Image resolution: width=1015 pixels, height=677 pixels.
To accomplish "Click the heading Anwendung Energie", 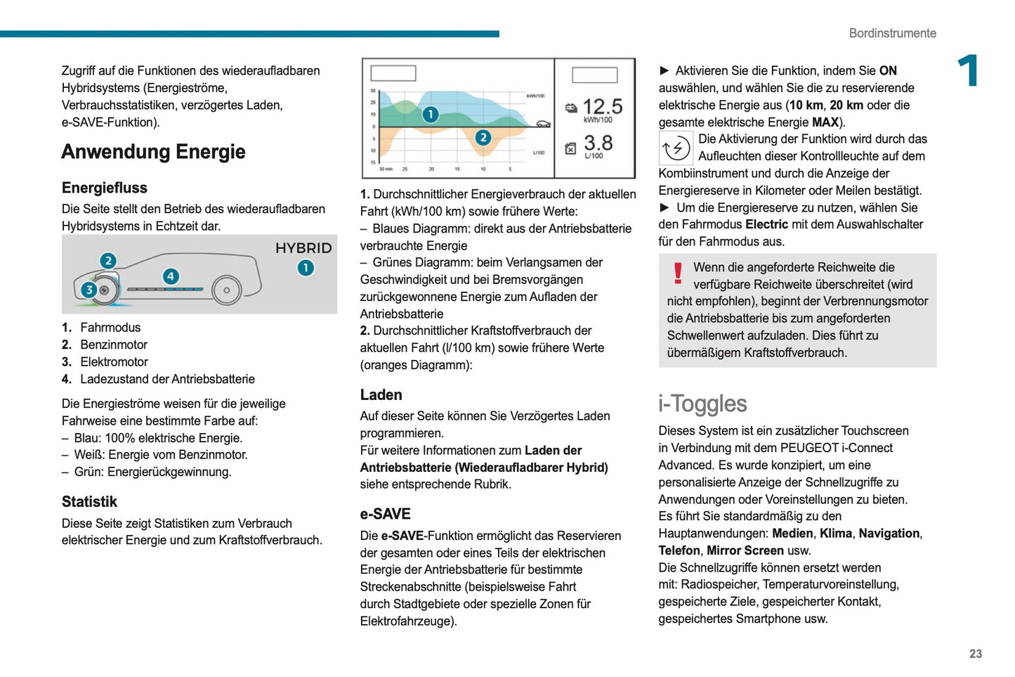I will coord(153,152).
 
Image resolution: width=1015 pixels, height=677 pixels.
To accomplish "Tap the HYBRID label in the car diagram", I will coord(303,248).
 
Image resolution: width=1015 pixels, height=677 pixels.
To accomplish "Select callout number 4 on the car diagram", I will coord(171,276).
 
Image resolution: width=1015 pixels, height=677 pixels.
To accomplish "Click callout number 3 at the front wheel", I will coord(89,290).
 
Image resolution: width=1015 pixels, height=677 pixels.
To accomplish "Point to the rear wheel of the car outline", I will coord(226,290).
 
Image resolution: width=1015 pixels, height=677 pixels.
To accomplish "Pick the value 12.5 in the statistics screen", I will coord(602,107).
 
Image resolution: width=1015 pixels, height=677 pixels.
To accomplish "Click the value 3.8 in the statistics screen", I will coord(598,143).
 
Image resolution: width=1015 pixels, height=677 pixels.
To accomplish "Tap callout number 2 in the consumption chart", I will coord(483,138).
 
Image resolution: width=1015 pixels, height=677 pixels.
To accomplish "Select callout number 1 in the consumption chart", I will coord(430,114).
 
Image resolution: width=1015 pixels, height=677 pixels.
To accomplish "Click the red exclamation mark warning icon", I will coord(678,273).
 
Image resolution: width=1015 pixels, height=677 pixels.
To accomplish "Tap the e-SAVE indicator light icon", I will coord(676,148).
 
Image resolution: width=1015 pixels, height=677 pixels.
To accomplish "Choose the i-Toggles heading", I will coord(702,404).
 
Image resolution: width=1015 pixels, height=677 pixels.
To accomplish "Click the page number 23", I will coord(976,654).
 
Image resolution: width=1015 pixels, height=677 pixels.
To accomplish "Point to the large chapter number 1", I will coord(969,71).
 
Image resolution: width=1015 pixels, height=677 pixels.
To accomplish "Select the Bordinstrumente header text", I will coord(892,33).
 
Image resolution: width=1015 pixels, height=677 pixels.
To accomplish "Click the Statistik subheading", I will coord(89,502).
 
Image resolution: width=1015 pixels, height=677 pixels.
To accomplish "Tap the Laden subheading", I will coord(381,395).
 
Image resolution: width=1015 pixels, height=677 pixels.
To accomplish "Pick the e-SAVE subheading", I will coord(385,514).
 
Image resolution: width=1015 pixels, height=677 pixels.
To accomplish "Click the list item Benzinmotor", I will coord(114,344).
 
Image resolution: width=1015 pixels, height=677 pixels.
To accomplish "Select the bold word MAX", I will coord(825,122).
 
